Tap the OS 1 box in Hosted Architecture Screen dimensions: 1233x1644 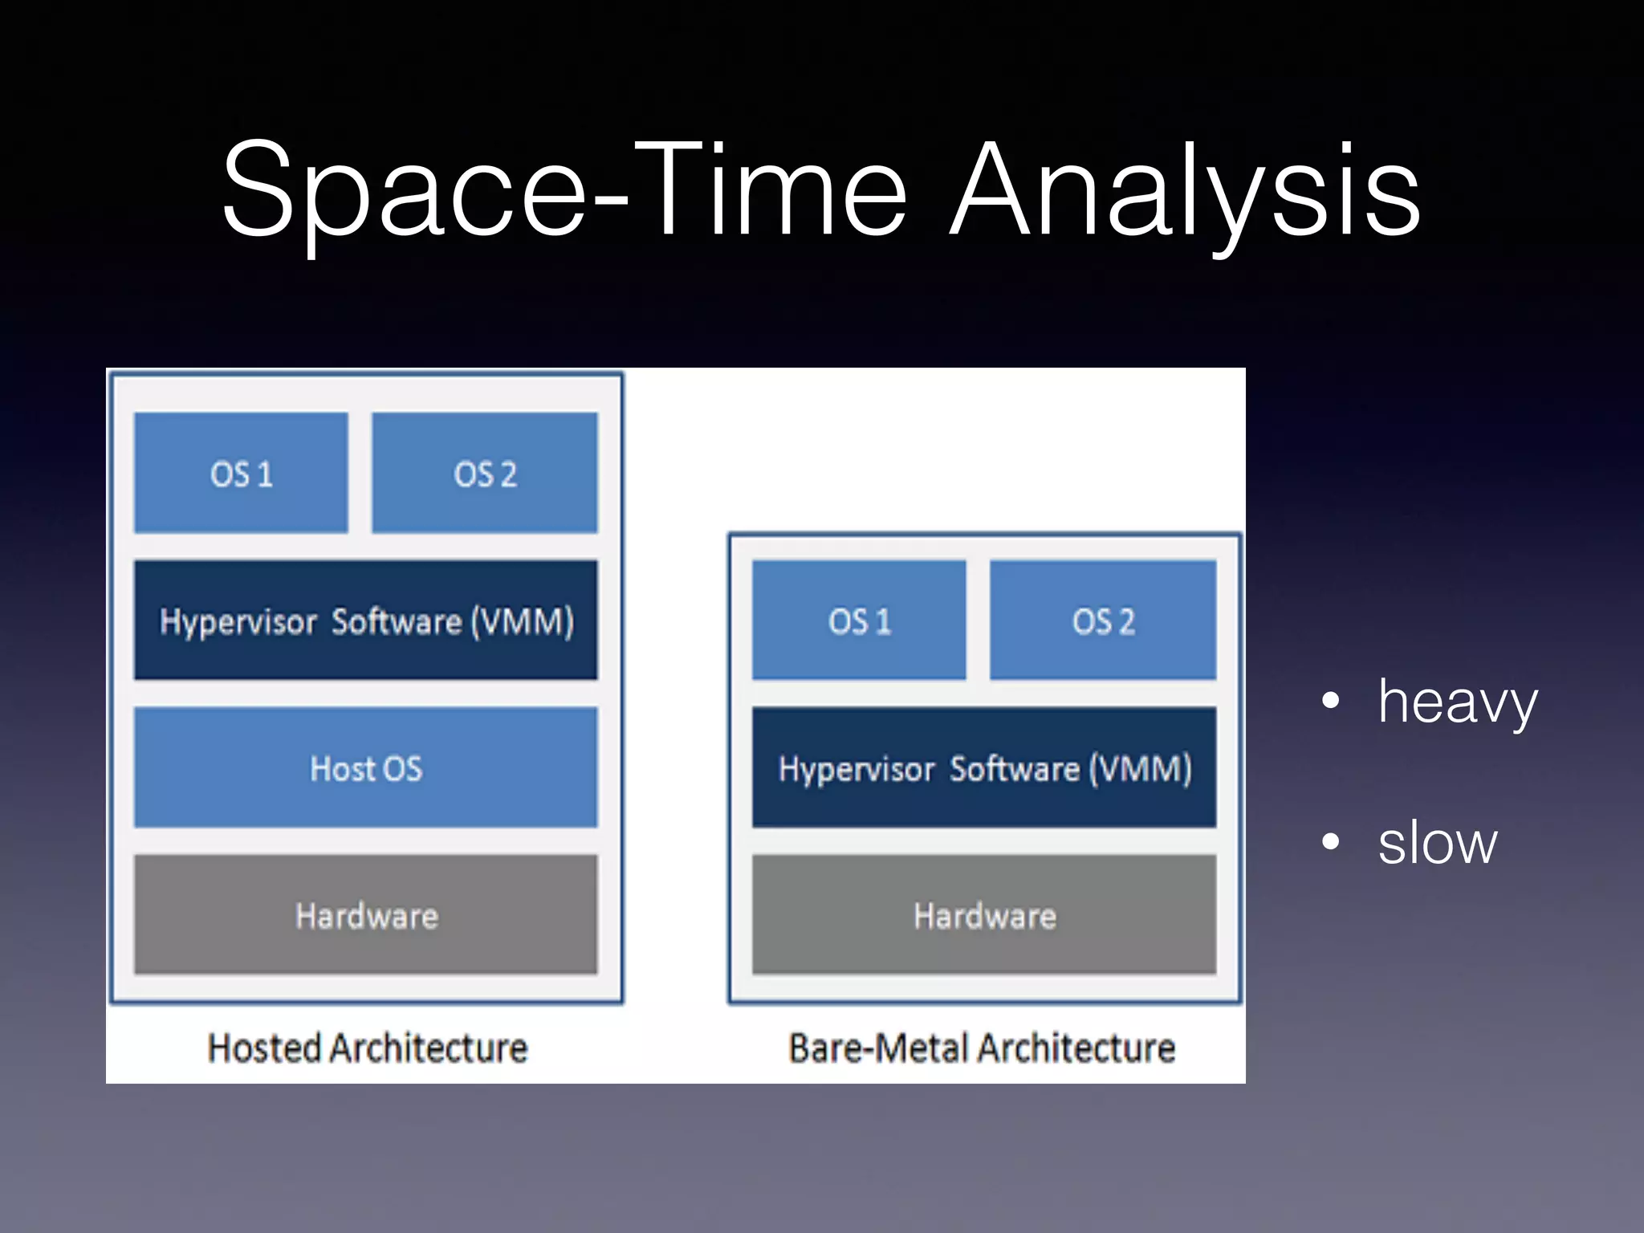pyautogui.click(x=241, y=473)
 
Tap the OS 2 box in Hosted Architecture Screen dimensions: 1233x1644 pyautogui.click(x=485, y=473)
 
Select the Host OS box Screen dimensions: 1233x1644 pyautogui.click(x=366, y=767)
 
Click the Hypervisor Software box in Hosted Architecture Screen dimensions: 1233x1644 pyautogui.click(x=366, y=621)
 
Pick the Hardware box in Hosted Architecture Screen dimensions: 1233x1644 pyautogui.click(x=366, y=915)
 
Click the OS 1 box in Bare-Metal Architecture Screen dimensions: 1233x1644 pyautogui.click(x=859, y=621)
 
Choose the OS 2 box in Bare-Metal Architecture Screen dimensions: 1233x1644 pyautogui.click(x=1103, y=621)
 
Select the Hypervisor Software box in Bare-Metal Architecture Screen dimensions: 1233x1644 pyautogui.click(x=984, y=767)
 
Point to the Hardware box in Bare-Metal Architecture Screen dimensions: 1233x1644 pyautogui.click(x=984, y=915)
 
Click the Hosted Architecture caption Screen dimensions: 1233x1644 pyautogui.click(x=368, y=1048)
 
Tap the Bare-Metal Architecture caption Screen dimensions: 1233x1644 pyautogui.click(x=982, y=1048)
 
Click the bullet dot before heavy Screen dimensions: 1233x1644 pyautogui.click(x=1330, y=700)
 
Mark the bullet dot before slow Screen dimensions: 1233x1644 pyautogui.click(x=1330, y=841)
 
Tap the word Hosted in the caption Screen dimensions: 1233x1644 pyautogui.click(x=264, y=1048)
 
